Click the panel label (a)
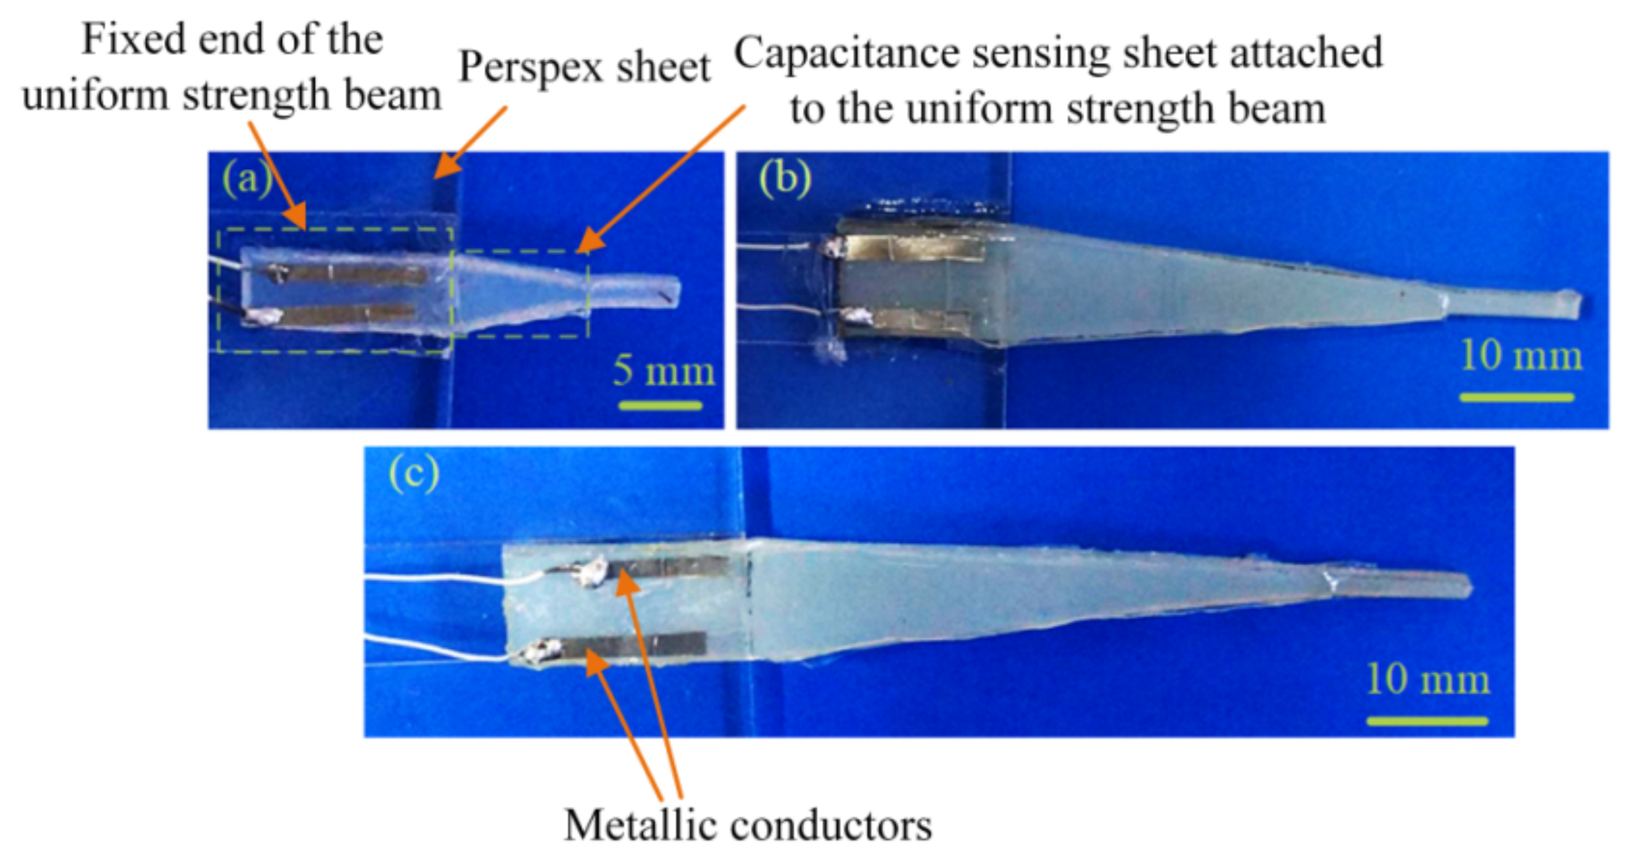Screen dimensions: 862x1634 click(x=247, y=180)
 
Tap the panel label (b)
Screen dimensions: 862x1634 click(x=785, y=179)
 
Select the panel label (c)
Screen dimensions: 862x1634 click(x=413, y=473)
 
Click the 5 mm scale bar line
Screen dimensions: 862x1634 click(x=661, y=405)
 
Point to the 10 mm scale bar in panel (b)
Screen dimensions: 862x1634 click(x=1517, y=398)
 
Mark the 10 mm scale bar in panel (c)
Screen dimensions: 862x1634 click(x=1427, y=721)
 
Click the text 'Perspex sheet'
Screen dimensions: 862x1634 click(x=584, y=68)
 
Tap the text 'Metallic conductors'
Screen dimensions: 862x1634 click(x=748, y=825)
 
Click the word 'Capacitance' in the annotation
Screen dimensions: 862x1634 click(x=847, y=53)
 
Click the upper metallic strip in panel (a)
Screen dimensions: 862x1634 click(x=355, y=274)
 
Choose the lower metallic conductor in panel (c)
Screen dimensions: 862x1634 click(x=634, y=645)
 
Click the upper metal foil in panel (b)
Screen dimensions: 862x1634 click(x=914, y=248)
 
